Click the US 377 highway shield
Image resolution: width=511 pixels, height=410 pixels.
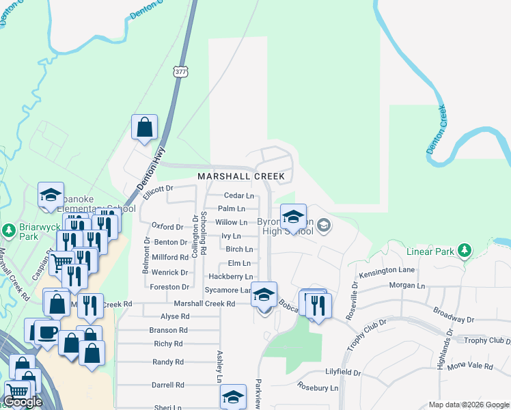pos(180,72)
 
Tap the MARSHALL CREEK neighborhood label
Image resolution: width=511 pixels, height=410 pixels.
pos(241,176)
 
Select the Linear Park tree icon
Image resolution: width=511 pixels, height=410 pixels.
pos(465,250)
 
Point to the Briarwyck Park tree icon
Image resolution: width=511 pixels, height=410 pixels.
pos(9,230)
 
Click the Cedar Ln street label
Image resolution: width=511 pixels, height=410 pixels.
pos(239,195)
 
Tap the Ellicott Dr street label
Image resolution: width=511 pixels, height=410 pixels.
pos(160,189)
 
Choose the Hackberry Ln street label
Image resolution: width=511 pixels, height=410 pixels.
pos(231,277)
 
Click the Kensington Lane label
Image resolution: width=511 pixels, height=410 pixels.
pos(392,272)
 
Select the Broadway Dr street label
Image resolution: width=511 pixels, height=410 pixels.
pos(454,319)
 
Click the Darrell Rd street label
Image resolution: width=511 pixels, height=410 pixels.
pos(168,385)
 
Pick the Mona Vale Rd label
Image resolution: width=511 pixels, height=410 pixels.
pos(470,366)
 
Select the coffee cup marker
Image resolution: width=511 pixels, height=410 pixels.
pos(47,332)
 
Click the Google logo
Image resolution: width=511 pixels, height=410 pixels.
pos(23,402)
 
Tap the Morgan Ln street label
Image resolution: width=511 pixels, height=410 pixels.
pos(406,285)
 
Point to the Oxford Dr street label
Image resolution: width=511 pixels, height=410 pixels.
pos(167,226)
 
